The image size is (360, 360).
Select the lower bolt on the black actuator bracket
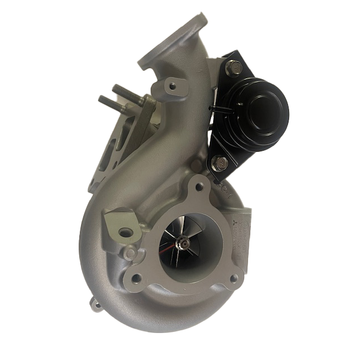(220, 164)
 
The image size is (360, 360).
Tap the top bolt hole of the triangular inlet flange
(199, 188)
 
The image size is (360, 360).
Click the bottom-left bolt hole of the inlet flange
(135, 277)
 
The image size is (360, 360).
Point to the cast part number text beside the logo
(243, 239)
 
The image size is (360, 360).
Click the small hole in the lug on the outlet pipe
(167, 87)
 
